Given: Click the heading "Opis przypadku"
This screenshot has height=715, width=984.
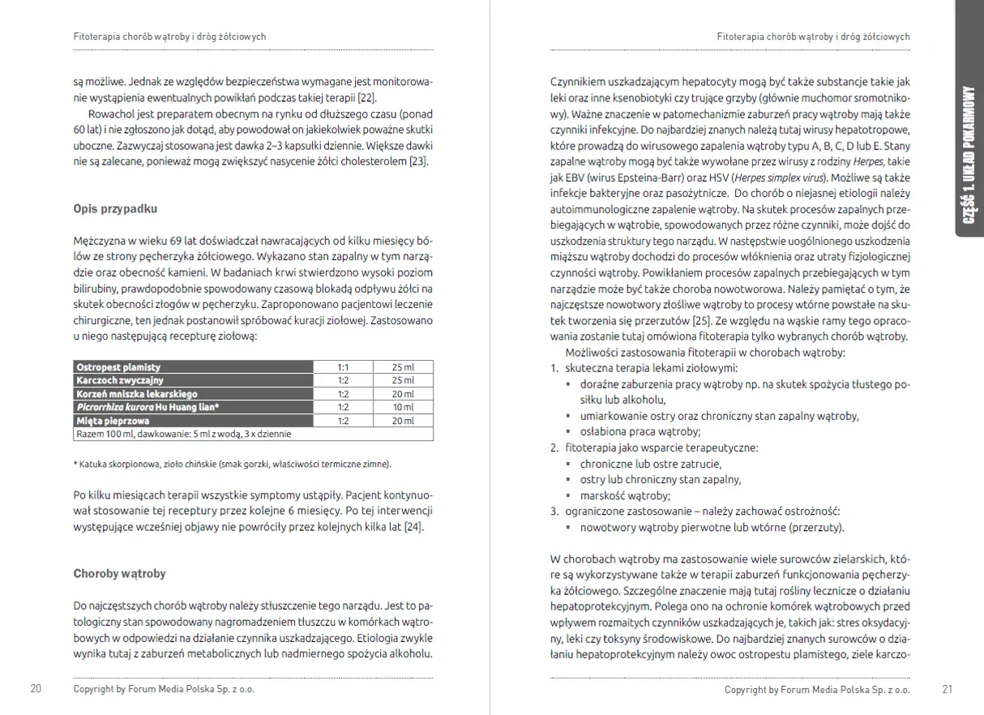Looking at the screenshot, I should coord(115,208).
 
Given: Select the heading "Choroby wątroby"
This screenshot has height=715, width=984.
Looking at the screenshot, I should coord(119,573).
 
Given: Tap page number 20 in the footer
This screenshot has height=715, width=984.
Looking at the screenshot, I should coord(36,689).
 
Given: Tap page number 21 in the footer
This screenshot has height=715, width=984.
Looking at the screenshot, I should coord(948,690).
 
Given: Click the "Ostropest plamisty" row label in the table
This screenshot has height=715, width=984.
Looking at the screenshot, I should coord(118,367).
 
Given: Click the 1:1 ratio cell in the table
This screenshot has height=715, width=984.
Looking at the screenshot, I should coord(343,367).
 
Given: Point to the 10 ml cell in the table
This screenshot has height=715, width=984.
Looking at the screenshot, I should coord(402,407).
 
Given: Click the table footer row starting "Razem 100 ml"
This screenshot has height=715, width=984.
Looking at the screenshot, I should coord(183,434).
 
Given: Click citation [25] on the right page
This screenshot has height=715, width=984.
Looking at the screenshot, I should coord(702,321).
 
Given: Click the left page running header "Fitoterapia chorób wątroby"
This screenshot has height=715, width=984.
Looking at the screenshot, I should coord(169,36).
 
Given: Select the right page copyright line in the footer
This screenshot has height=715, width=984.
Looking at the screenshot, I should coord(817,690).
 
